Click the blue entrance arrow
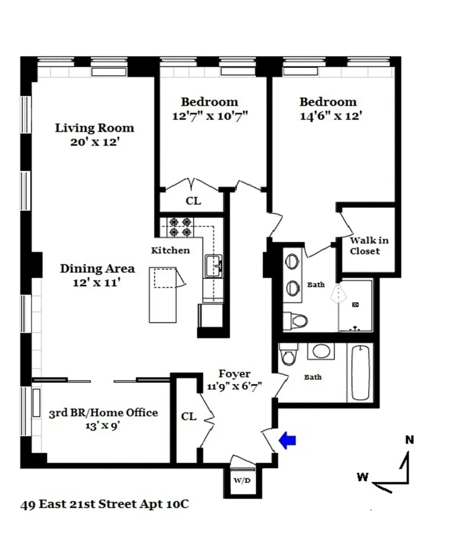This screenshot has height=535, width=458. coord(287,441)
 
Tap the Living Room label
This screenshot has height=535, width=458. coord(94,128)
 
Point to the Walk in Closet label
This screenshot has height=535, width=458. coord(369,246)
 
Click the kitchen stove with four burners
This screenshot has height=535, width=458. coord(180,226)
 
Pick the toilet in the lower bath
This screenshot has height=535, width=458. coord(288,355)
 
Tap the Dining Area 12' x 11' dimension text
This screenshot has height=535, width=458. coord(97,283)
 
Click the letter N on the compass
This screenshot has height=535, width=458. coord(410,440)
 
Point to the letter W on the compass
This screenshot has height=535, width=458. coord(362,477)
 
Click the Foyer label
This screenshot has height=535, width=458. coord(234,374)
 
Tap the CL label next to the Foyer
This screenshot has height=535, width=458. coord(189,416)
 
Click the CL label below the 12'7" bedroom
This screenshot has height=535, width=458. coord(193,201)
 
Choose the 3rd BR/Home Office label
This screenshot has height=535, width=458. coord(103,413)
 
